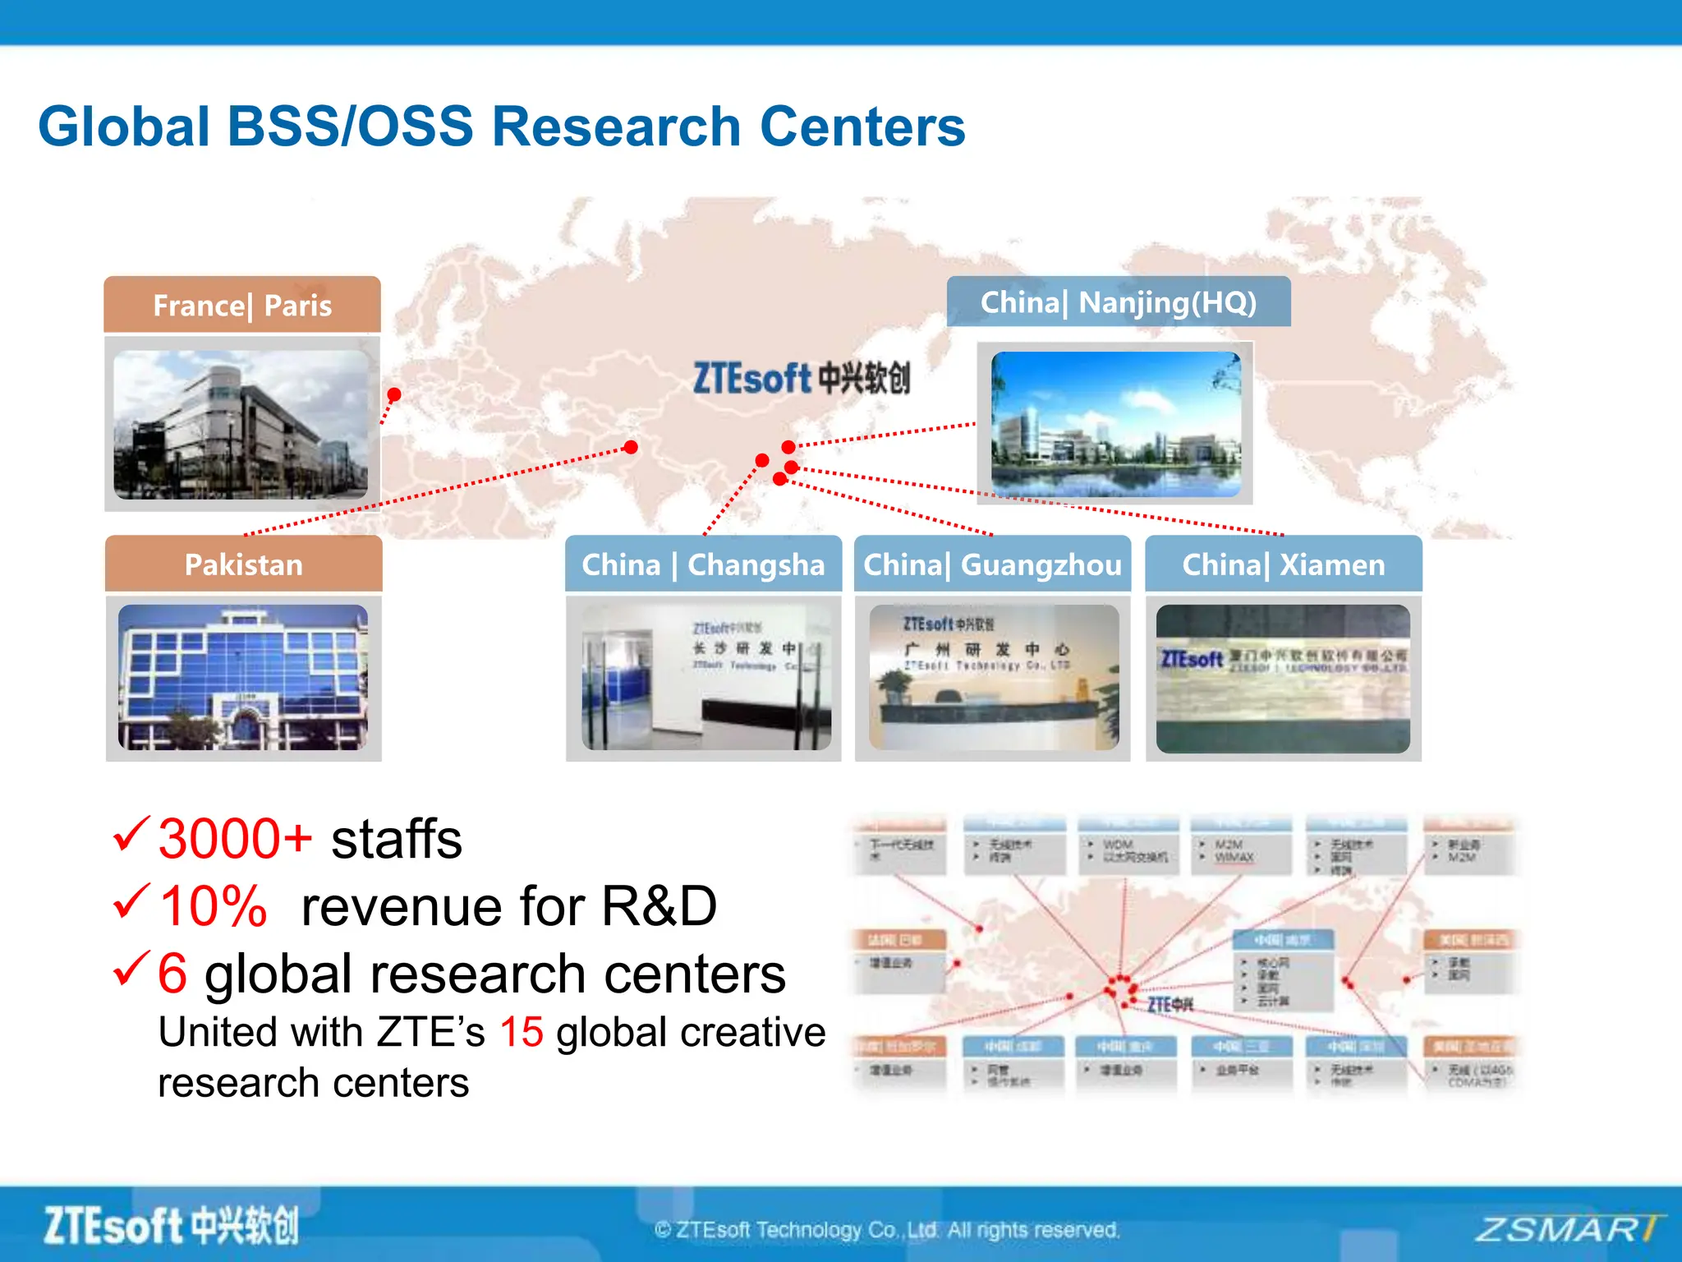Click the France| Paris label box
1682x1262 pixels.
click(242, 305)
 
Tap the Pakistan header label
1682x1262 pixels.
click(243, 564)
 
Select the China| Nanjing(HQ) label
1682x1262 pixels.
click(1118, 302)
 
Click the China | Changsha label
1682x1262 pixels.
click(703, 564)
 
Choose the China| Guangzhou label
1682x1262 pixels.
click(992, 564)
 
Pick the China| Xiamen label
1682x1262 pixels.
click(1283, 564)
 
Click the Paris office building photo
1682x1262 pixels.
click(241, 425)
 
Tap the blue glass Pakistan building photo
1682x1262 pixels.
click(243, 677)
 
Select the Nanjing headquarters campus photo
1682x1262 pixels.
click(1115, 424)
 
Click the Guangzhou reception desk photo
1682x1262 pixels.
click(994, 677)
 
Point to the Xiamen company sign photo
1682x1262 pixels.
click(1283, 679)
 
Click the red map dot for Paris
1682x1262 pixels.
click(394, 395)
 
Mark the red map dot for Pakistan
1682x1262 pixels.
click(631, 447)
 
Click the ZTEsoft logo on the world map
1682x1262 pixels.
click(801, 379)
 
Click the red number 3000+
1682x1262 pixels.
click(235, 839)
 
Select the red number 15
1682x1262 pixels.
click(521, 1032)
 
